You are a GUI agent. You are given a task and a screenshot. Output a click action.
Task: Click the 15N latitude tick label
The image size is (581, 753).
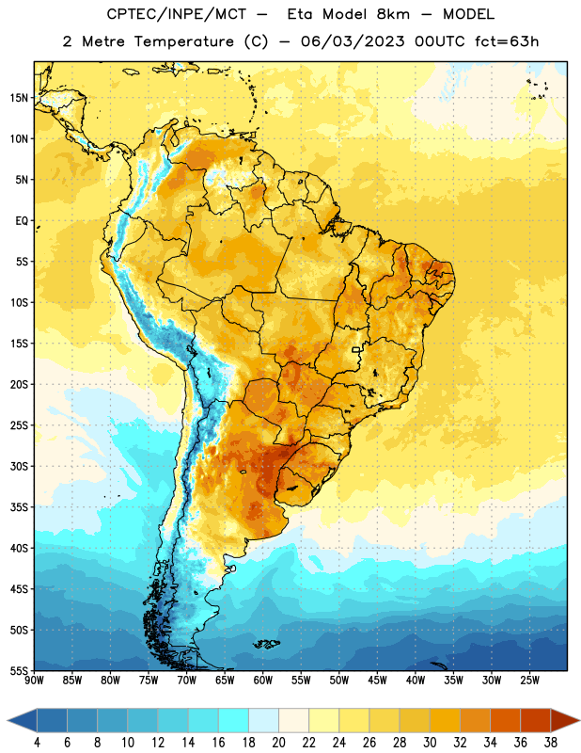coord(19,98)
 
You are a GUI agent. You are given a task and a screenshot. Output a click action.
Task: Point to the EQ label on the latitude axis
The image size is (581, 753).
coord(22,221)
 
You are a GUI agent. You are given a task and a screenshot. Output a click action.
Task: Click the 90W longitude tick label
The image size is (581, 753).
coord(34,681)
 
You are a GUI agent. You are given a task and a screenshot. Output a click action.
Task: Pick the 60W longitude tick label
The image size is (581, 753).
coord(263,681)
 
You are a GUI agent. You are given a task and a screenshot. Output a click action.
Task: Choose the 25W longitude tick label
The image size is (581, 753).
coord(529,681)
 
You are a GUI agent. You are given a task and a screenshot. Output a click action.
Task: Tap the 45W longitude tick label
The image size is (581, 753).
coord(377,681)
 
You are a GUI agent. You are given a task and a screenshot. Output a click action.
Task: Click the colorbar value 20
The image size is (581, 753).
coord(278,743)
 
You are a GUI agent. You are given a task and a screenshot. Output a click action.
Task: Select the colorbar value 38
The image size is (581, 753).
coord(550,743)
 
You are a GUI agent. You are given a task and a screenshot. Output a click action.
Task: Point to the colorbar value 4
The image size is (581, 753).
coord(37,743)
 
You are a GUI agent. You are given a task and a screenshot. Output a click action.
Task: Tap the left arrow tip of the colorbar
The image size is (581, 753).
coord(8,720)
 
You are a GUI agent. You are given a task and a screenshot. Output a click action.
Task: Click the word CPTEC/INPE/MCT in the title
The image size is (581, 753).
coord(177,15)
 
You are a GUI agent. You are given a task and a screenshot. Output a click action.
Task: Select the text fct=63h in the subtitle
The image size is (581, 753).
coord(507,41)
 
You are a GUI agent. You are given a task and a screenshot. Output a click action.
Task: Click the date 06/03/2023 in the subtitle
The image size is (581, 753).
coord(353,41)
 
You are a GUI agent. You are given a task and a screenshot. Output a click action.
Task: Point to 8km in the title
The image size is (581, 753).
coord(393,14)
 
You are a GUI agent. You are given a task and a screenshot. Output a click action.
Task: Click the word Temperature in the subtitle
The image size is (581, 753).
coord(183,42)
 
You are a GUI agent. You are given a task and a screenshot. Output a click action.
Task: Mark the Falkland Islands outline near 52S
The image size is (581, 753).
coord(266,644)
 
